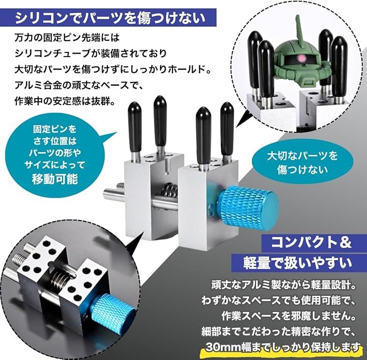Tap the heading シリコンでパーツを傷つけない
pos(110,18)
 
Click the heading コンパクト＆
pos(311,242)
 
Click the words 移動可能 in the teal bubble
pos(55,179)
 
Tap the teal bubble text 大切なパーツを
pos(302,156)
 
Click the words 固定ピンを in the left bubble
pos(55,129)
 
